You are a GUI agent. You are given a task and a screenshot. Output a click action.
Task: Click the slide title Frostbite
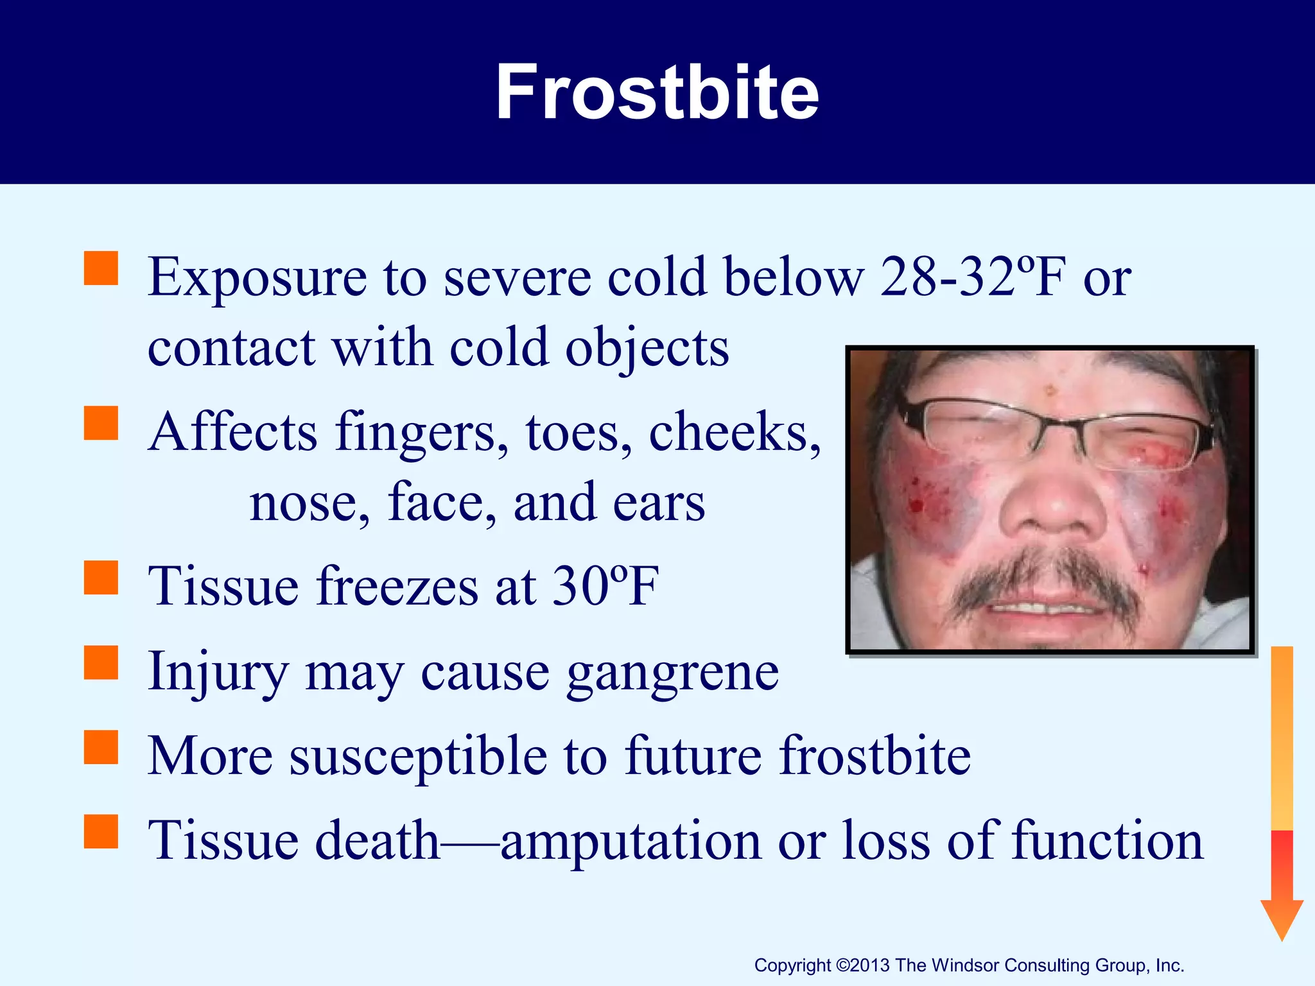(657, 93)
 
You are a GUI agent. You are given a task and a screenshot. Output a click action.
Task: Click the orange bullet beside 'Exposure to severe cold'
(101, 268)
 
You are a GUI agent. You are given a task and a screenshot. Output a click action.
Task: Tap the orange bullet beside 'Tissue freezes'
(101, 578)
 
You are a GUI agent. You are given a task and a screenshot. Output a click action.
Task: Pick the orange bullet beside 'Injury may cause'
(101, 662)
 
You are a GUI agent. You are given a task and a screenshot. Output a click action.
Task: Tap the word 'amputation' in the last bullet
(631, 841)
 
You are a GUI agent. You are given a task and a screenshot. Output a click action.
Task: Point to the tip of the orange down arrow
(1282, 938)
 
